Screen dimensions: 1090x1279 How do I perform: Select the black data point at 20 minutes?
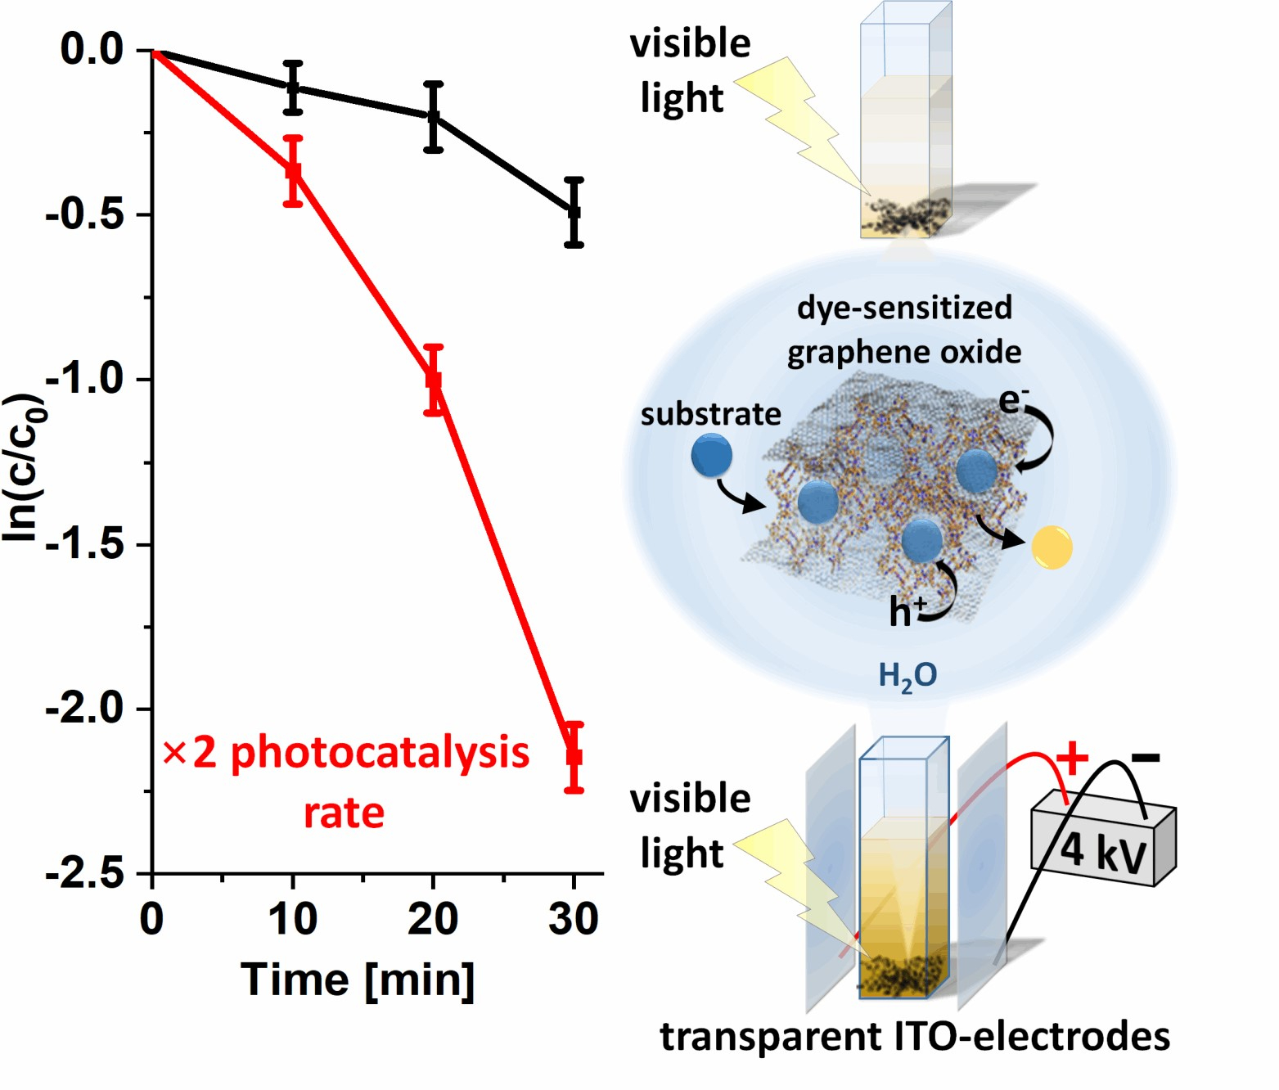(x=434, y=117)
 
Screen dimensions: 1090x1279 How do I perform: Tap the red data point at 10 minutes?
(x=293, y=171)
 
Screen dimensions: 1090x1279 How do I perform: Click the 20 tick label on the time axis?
(x=433, y=919)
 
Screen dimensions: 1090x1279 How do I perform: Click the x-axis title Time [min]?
(x=358, y=980)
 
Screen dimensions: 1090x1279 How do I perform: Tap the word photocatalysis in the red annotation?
(x=380, y=752)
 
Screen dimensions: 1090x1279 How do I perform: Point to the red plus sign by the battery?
(x=1071, y=759)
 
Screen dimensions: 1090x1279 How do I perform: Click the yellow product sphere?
(x=1052, y=547)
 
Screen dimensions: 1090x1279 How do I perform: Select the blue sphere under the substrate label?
(x=711, y=456)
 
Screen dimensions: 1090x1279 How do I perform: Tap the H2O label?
(x=907, y=676)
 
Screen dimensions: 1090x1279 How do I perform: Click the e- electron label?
(x=1014, y=400)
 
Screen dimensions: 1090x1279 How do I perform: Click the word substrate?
(x=710, y=414)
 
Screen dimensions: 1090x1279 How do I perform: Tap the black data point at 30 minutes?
(x=574, y=212)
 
